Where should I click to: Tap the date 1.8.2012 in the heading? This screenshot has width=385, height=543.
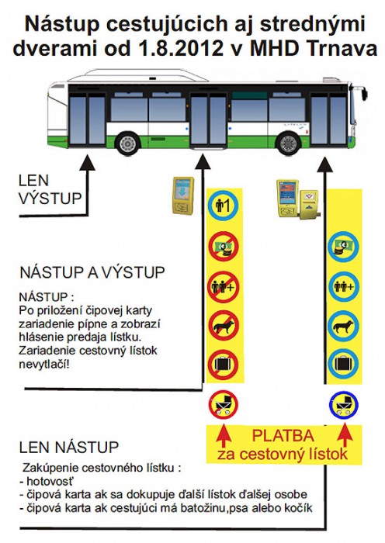click(x=181, y=48)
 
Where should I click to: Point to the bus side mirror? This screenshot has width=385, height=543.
click(x=364, y=94)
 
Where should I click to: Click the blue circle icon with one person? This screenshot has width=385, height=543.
click(x=224, y=206)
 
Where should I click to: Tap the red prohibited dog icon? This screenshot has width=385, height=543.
click(x=224, y=327)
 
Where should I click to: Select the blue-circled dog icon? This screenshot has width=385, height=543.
click(x=343, y=327)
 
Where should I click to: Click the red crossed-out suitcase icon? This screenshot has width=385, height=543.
click(x=224, y=365)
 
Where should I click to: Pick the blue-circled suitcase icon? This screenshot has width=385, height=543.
click(x=343, y=364)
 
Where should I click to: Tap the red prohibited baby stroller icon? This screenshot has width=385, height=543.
click(x=224, y=405)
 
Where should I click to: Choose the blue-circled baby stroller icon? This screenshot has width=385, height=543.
click(x=343, y=405)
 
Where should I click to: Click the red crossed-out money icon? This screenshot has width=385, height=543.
click(x=224, y=247)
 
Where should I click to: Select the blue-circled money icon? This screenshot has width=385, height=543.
click(x=343, y=247)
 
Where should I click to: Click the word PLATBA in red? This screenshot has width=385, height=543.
click(x=283, y=436)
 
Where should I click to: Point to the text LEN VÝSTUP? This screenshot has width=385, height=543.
click(x=50, y=190)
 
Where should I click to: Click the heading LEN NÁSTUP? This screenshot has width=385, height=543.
click(x=68, y=447)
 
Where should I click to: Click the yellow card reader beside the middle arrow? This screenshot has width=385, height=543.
click(x=183, y=195)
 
